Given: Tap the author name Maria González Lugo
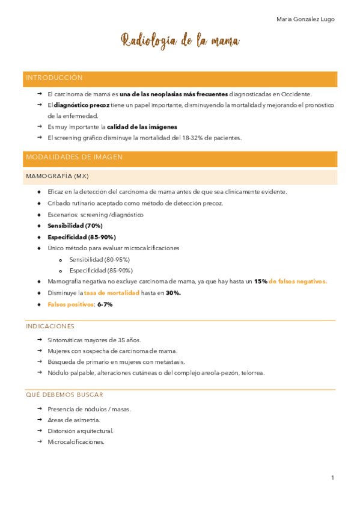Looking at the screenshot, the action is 305,19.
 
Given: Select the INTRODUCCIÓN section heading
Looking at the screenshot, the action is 55,78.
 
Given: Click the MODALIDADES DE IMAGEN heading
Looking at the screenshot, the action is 74,157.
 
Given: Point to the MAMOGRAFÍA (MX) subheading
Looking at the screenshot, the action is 58,176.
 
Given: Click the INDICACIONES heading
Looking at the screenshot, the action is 50,326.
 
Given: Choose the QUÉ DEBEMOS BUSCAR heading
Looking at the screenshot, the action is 64,395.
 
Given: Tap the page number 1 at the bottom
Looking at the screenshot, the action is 332,478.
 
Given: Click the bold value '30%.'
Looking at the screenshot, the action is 173,293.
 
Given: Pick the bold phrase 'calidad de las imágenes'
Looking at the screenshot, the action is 142,127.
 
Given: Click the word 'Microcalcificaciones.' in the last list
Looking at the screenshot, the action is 76,441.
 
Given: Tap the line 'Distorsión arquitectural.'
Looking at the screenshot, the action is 81,431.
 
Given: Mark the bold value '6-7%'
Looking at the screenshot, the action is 105,304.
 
